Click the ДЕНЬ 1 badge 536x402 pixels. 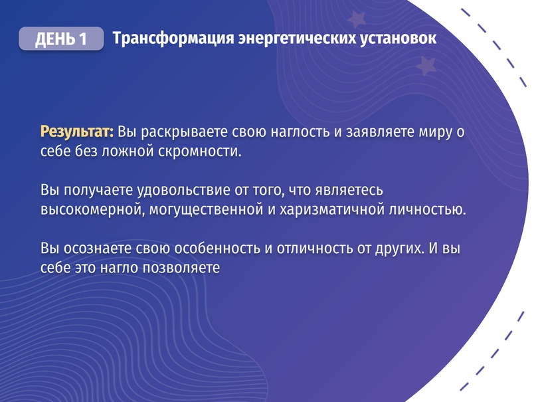pyautogui.click(x=61, y=39)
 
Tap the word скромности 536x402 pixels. pyautogui.click(x=200, y=151)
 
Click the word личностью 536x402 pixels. pyautogui.click(x=428, y=209)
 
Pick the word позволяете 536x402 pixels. pyautogui.click(x=181, y=268)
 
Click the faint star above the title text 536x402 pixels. pyautogui.click(x=357, y=19)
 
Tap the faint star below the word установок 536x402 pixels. pyautogui.click(x=426, y=66)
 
